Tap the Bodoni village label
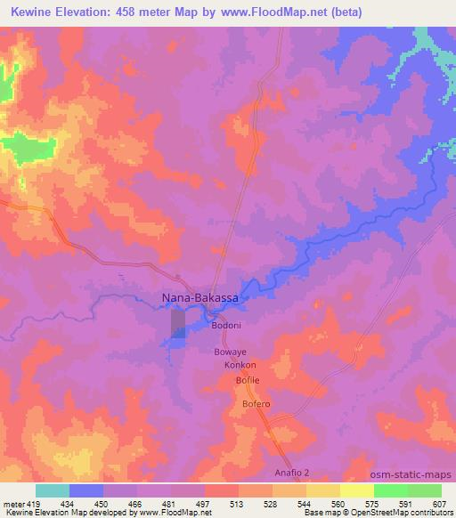tap(226, 326)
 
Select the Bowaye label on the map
tap(230, 352)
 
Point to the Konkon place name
tap(240, 366)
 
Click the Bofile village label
tap(247, 381)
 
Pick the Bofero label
tap(256, 405)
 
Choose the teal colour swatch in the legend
tap(53, 490)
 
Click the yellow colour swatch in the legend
tap(356, 490)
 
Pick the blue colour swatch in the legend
tap(86, 490)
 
